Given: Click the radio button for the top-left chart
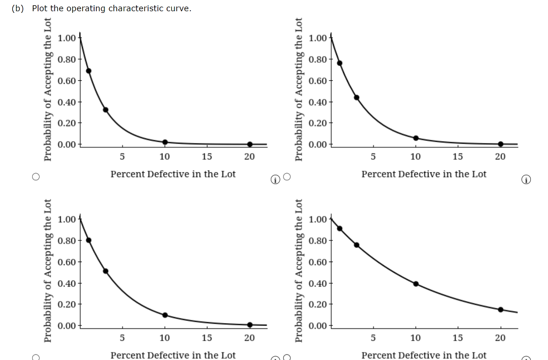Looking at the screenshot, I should tap(36, 177).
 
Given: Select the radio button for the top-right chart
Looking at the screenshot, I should tap(287, 177).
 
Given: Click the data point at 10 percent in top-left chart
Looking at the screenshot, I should tap(165, 142).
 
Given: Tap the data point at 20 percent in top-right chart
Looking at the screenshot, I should tap(500, 144).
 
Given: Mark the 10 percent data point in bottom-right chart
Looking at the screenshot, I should tap(416, 284).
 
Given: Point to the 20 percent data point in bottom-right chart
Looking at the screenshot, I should tap(500, 309).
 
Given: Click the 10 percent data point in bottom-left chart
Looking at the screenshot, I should tap(165, 315).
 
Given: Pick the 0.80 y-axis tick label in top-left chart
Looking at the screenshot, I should tap(67, 59).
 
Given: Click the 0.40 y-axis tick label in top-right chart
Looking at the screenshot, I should tap(318, 102).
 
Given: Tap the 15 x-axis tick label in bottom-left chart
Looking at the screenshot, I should tap(207, 338).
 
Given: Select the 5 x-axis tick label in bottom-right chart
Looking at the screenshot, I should tap(373, 338).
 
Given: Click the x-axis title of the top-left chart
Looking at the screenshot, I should tap(173, 174).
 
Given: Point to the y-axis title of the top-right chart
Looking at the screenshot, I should tap(299, 89).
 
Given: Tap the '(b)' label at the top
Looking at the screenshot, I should tap(18, 9).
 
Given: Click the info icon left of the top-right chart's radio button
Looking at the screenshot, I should tap(275, 180).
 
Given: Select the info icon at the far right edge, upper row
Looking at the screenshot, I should tap(526, 180).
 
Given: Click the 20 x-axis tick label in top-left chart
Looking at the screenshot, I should tap(249, 157).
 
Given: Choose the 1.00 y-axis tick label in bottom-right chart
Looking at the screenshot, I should tap(318, 219).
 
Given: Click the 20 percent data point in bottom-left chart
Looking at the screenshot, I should tap(249, 325).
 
